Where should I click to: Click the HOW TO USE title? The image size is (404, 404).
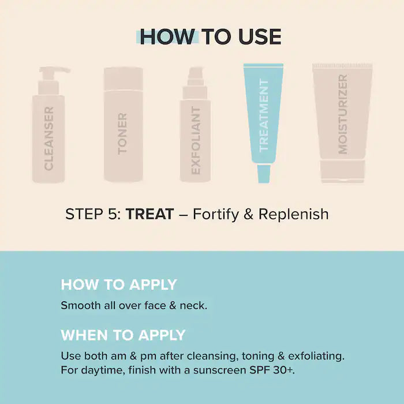pos(210,36)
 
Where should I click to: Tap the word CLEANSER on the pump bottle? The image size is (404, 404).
pos(48,138)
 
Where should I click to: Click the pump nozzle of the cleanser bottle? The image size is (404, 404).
pos(58,71)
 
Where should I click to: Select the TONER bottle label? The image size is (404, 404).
pos(122,133)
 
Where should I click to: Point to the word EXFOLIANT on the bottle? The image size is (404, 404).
pos(196,140)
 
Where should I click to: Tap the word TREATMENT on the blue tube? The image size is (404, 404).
pos(264,115)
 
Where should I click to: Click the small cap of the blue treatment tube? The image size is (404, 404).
pos(264,173)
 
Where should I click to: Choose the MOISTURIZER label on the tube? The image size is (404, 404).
pos(343,114)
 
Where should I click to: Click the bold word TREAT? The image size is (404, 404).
pos(150,214)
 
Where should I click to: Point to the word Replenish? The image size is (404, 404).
pos(293,214)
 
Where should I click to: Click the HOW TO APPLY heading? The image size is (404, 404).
pos(119,285)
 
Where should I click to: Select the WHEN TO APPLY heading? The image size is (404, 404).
pos(123,335)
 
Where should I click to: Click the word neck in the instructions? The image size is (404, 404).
pos(194,306)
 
